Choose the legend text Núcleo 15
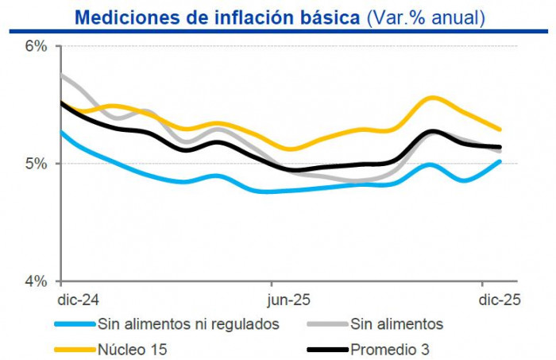(x=133, y=348)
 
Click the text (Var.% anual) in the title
(x=425, y=16)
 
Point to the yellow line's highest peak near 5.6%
(x=432, y=98)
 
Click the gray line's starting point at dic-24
(x=62, y=75)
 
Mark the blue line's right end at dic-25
(x=500, y=161)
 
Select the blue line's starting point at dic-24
(x=62, y=132)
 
